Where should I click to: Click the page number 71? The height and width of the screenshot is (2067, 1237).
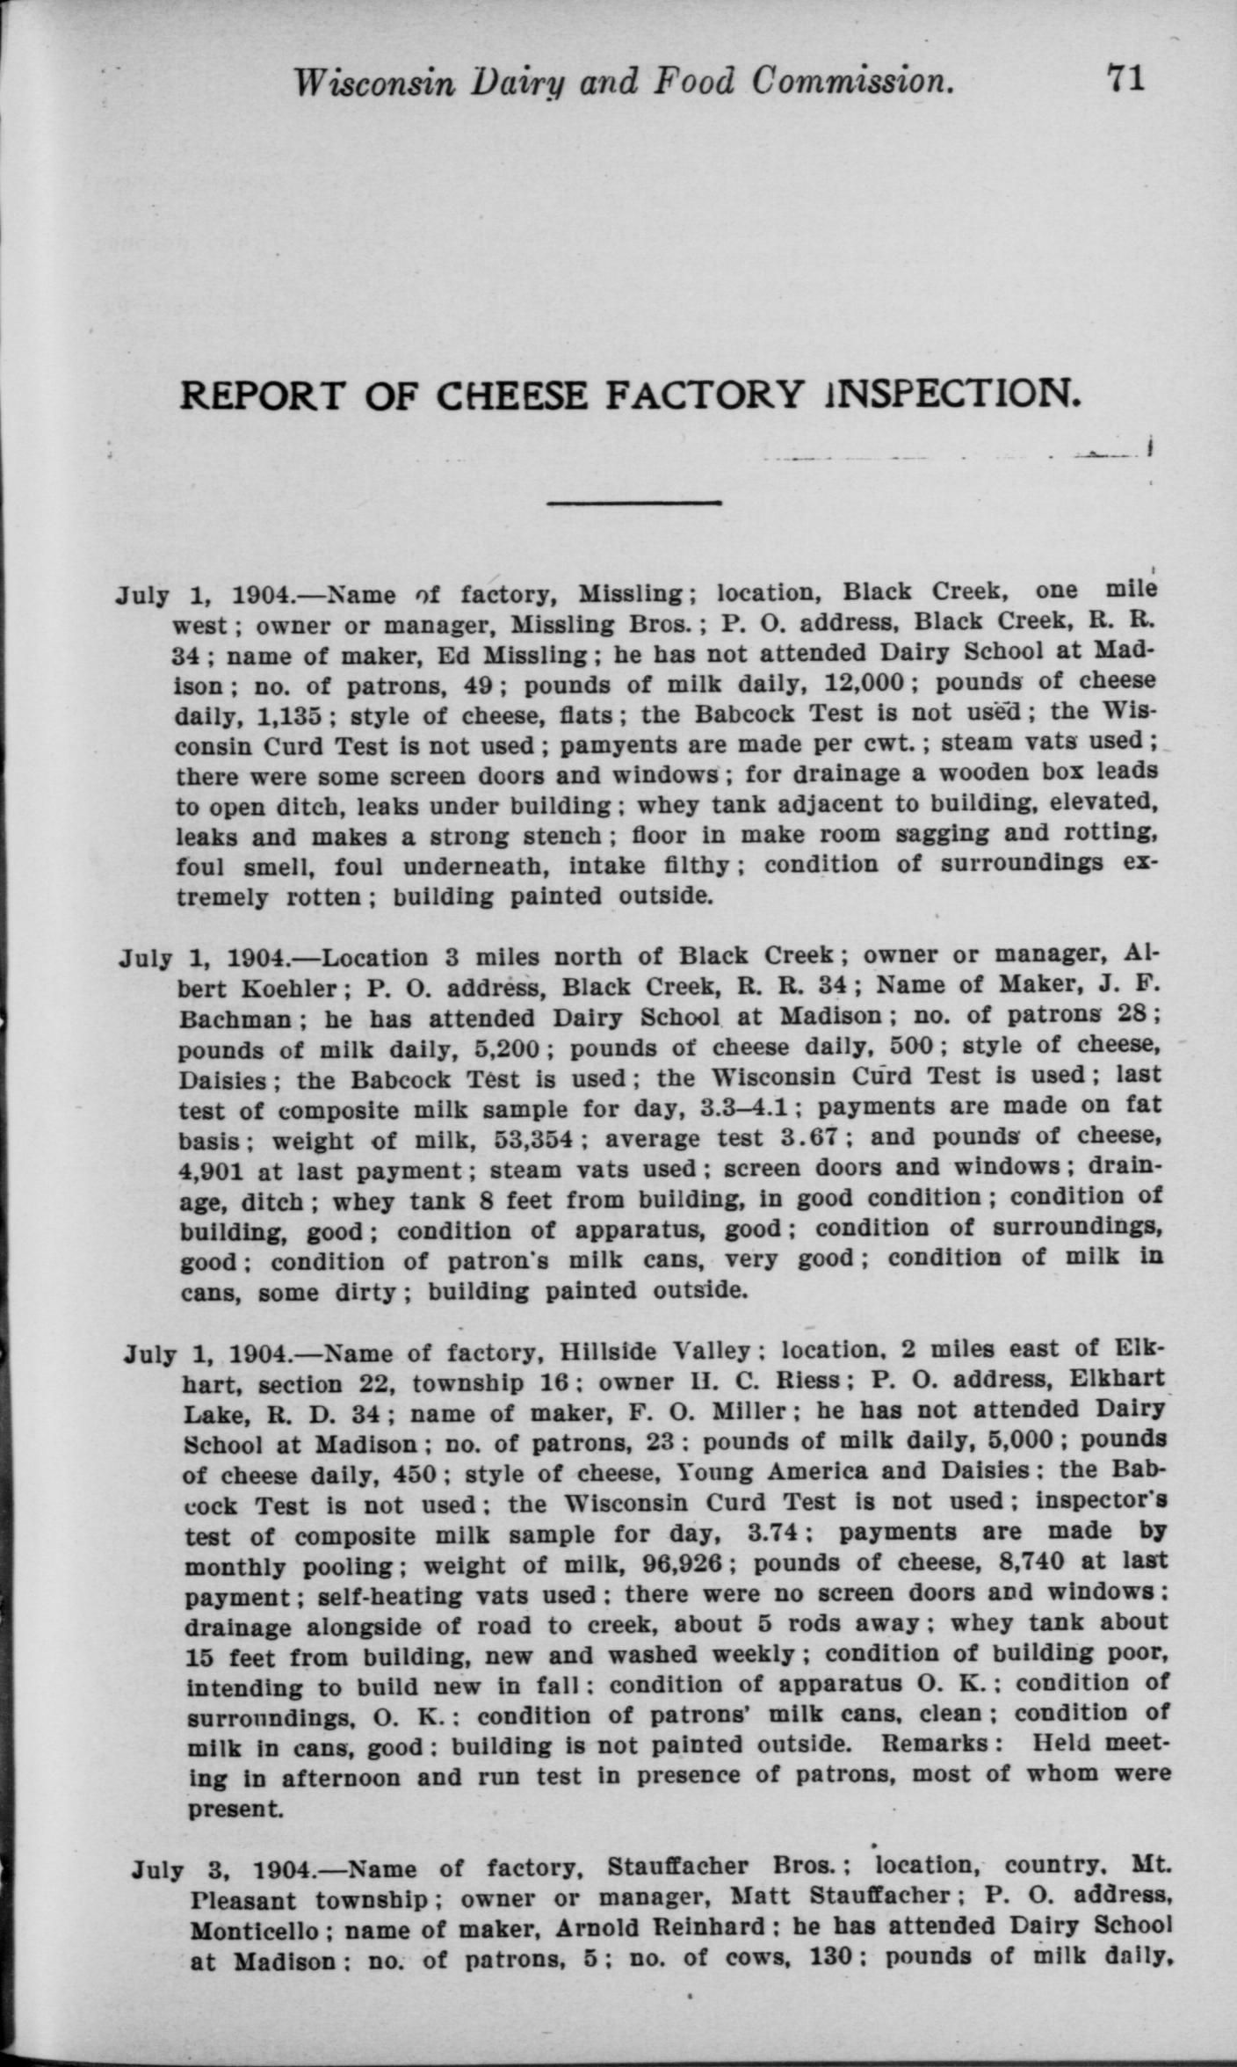pos(1125,79)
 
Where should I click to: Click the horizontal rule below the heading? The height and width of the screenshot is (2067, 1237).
pos(633,503)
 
